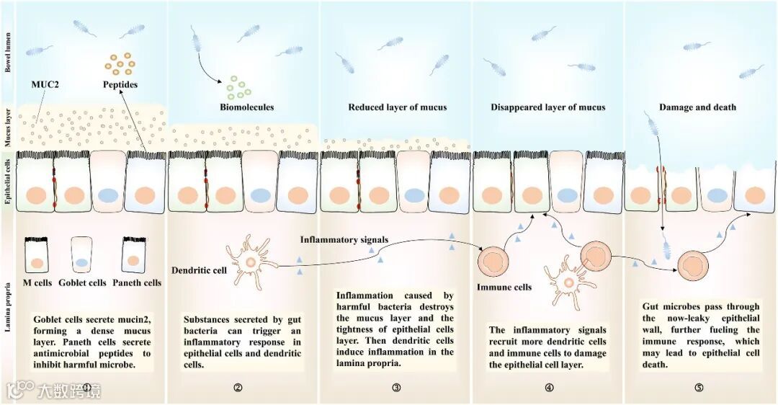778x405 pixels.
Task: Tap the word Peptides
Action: pyautogui.click(x=120, y=84)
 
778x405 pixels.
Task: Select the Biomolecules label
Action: pyautogui.click(x=246, y=107)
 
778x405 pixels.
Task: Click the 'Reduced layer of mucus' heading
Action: pyautogui.click(x=398, y=107)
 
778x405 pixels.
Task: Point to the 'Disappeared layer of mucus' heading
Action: pyautogui.click(x=548, y=107)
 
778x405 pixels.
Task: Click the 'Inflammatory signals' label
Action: pyautogui.click(x=344, y=239)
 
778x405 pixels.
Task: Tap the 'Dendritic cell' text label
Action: pyautogui.click(x=197, y=271)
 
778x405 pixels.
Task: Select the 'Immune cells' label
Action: pyautogui.click(x=504, y=287)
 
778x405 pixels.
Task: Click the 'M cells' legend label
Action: pyautogui.click(x=38, y=282)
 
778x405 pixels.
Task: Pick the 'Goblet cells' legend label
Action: pyautogui.click(x=83, y=282)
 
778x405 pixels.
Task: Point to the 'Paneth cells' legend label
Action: pyautogui.click(x=137, y=282)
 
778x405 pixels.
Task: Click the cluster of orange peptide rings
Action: pyautogui.click(x=120, y=63)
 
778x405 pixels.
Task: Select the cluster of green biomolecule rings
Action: pyautogui.click(x=238, y=86)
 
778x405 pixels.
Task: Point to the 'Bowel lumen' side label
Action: pyautogui.click(x=8, y=51)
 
